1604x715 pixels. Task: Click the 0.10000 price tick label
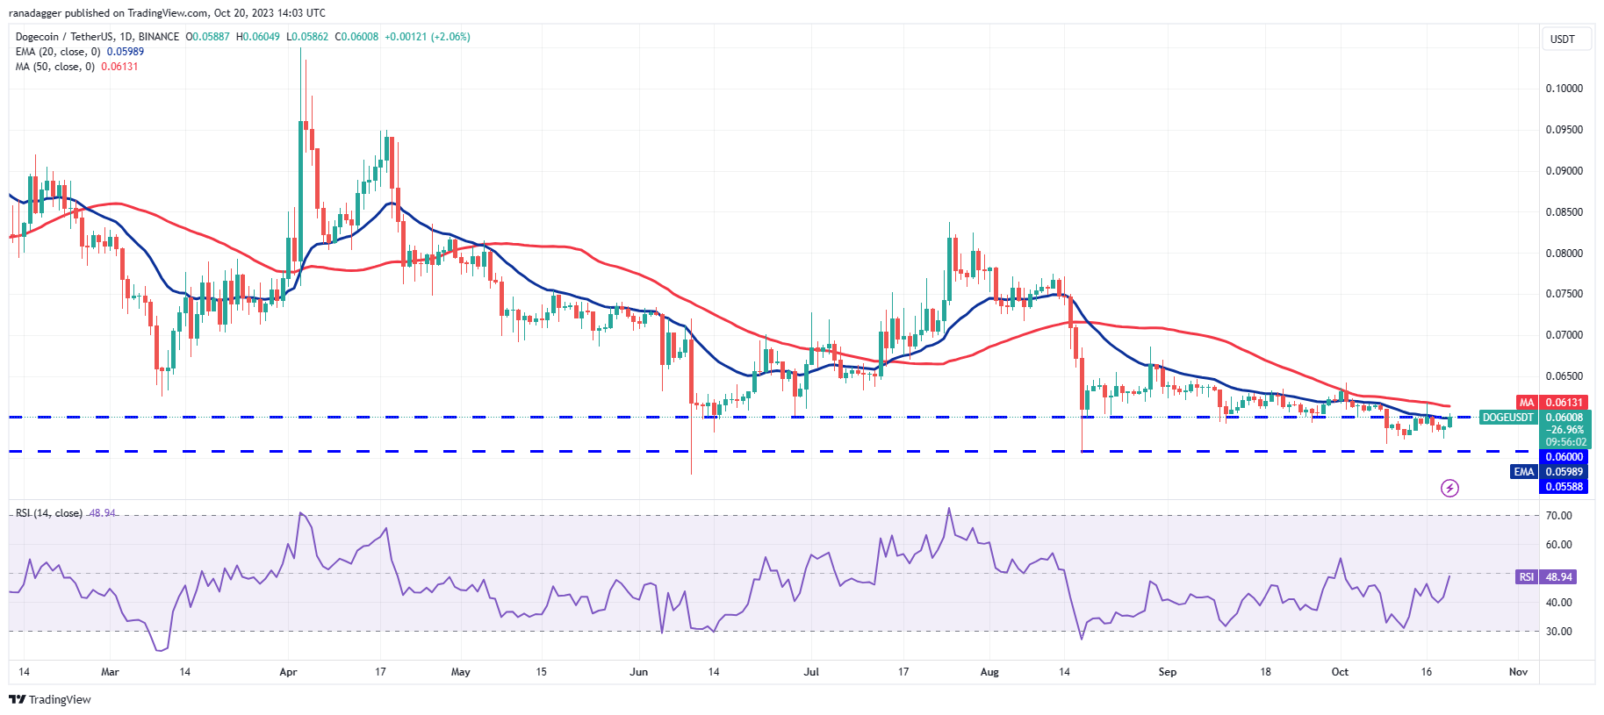pos(1564,89)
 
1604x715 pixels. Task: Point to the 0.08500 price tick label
pos(1564,212)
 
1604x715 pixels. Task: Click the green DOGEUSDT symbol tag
pos(1507,418)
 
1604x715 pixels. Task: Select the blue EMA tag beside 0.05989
pos(1524,472)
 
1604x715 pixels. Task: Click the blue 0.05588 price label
pos(1564,487)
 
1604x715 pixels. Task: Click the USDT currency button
pos(1563,39)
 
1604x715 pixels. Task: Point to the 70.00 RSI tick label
pos(1558,516)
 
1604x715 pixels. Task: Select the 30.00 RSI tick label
pos(1558,632)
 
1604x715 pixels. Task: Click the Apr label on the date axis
pos(288,672)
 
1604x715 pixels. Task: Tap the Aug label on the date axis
pos(989,672)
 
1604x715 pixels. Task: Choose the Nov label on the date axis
pos(1518,672)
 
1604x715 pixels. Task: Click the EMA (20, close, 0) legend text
pos(58,52)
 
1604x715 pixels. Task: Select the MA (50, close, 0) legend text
pos(55,67)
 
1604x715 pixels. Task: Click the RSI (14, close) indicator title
pos(49,513)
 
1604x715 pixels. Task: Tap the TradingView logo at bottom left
pos(50,699)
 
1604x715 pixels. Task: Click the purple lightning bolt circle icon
pos(1449,488)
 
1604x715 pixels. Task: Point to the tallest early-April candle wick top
pos(301,48)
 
